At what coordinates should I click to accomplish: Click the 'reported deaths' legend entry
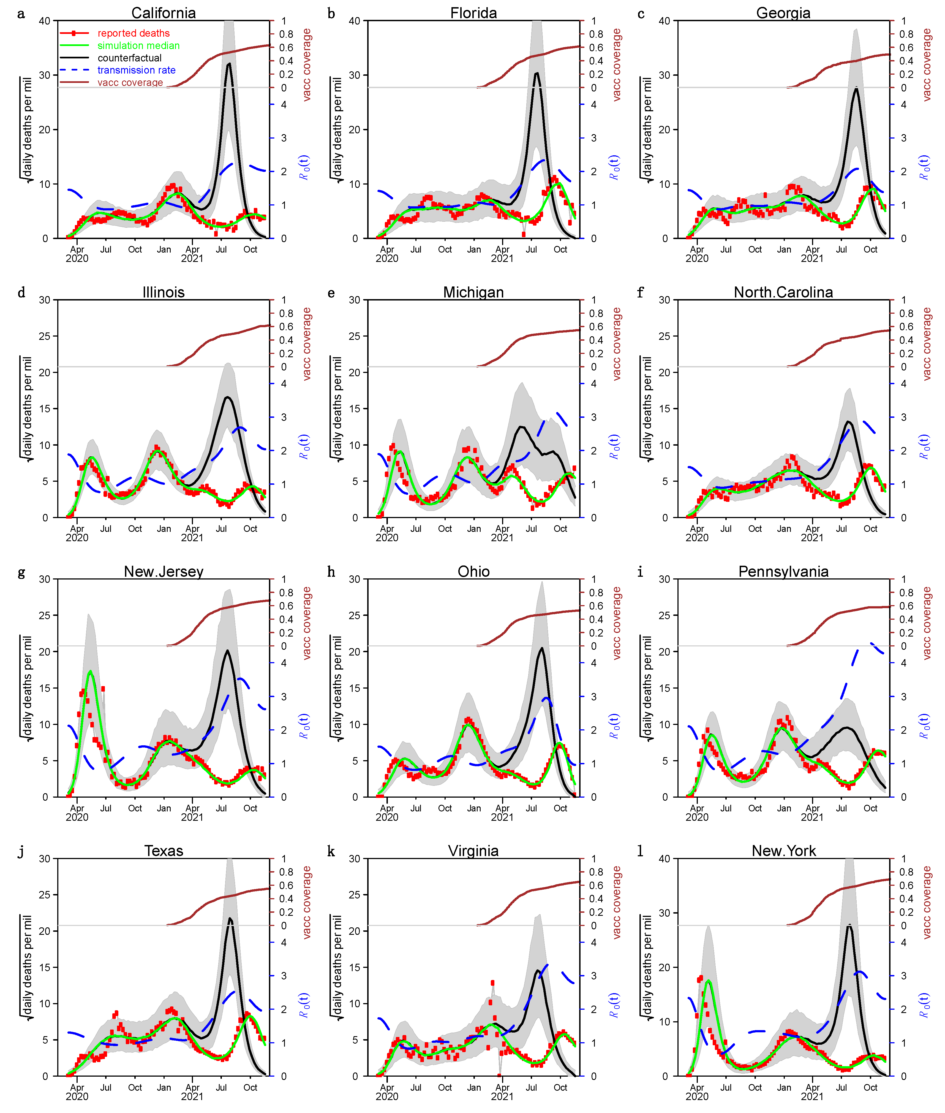pos(134,33)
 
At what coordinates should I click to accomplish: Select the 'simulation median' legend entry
pos(138,45)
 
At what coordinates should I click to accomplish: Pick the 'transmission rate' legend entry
pos(136,70)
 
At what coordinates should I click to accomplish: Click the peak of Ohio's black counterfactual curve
pos(542,648)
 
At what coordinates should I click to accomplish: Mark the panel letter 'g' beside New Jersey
pos(21,572)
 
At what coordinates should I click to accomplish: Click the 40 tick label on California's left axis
pos(45,21)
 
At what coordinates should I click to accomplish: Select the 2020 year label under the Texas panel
pos(77,1096)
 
